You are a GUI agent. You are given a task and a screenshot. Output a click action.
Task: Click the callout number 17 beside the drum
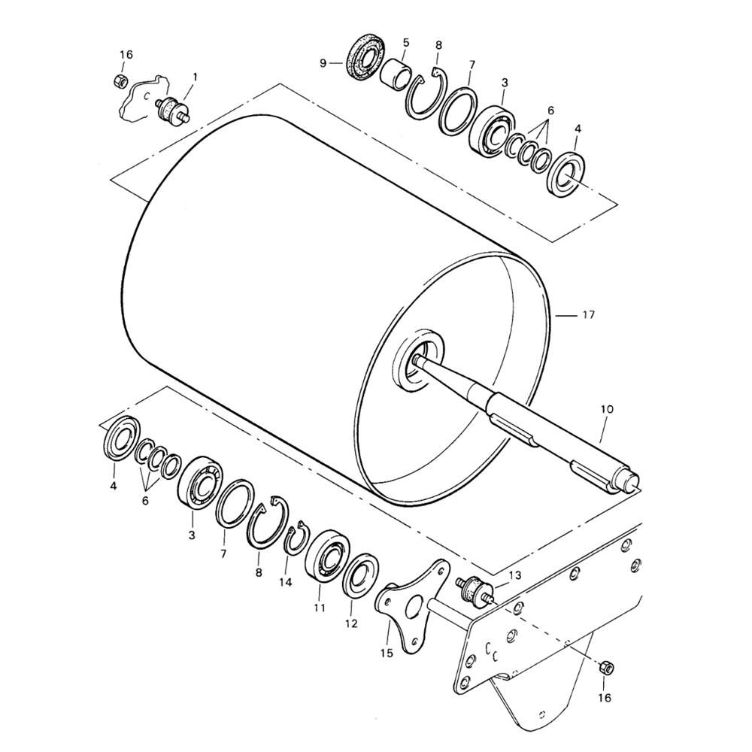(x=589, y=315)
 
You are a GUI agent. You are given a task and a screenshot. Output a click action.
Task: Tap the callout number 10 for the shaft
(x=607, y=409)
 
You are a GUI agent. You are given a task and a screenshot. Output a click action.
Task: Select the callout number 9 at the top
(x=323, y=63)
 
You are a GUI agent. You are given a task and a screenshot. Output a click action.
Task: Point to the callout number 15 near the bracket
(x=387, y=653)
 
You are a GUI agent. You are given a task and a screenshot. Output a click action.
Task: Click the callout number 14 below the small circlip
(x=285, y=582)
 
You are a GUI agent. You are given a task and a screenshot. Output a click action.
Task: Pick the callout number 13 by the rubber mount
(x=514, y=575)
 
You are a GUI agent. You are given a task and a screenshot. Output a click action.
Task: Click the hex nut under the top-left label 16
(x=120, y=80)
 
